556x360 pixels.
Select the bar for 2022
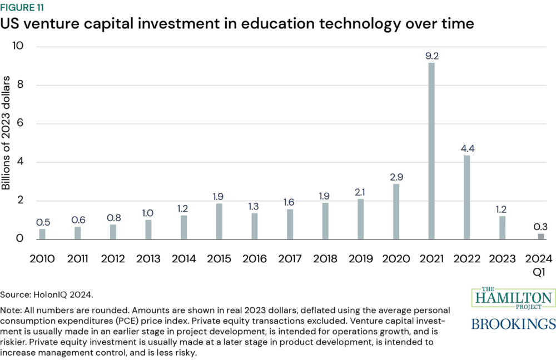pos(467,197)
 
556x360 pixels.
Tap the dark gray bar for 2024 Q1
pos(541,236)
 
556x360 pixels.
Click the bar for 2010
pos(42,234)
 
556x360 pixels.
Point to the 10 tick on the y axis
pos(18,46)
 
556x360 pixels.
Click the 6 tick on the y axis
pos(21,123)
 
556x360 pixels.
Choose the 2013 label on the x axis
pos(148,258)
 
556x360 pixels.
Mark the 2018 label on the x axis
pos(325,258)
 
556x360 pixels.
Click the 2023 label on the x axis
pos(502,258)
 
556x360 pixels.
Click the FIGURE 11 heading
pos(23,8)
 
